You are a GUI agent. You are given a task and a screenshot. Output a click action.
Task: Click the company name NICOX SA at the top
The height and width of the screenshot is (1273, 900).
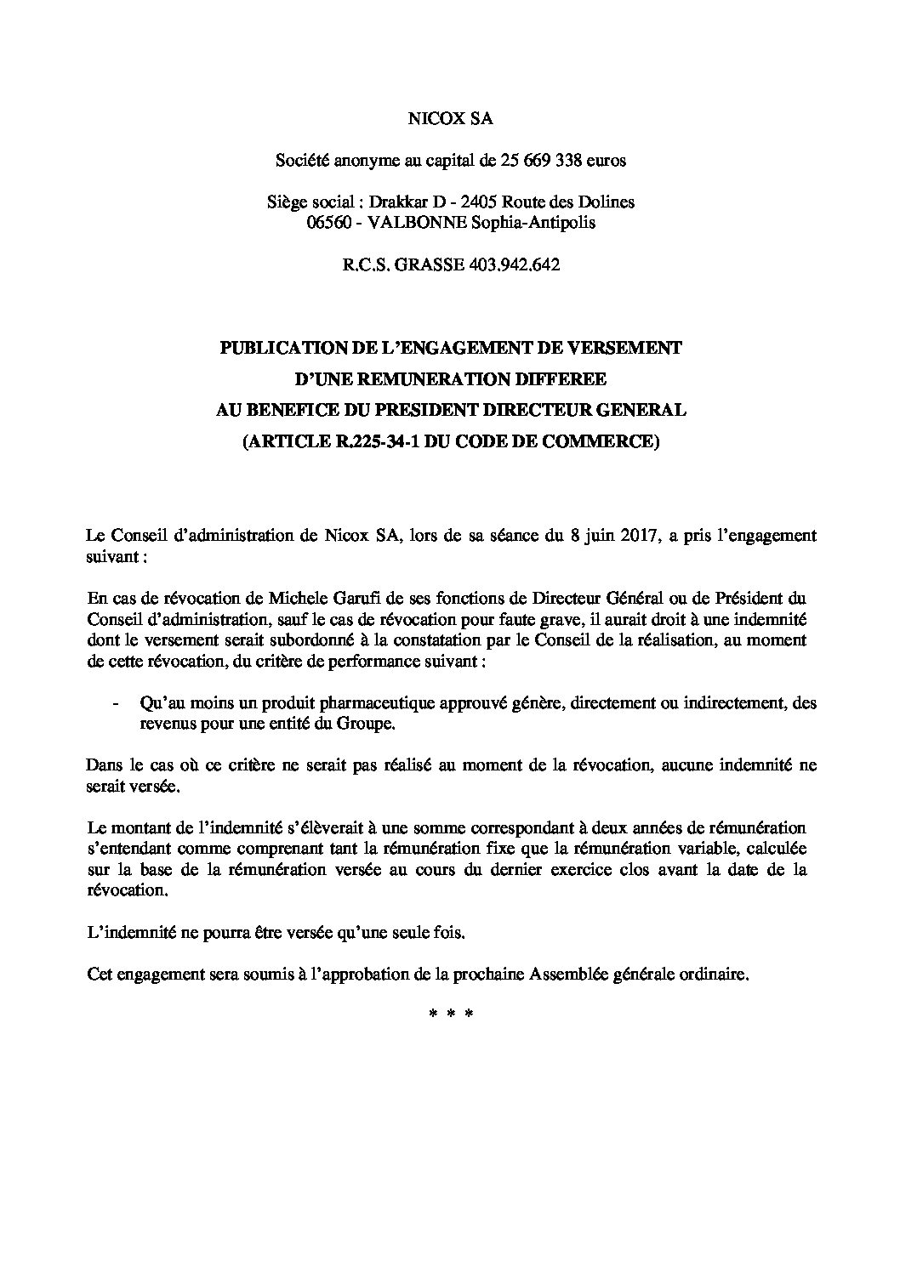tap(450, 119)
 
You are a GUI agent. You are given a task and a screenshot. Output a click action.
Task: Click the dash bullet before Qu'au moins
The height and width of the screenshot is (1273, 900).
tap(115, 704)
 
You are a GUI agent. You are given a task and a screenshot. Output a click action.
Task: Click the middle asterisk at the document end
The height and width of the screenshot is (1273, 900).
tap(450, 1014)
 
